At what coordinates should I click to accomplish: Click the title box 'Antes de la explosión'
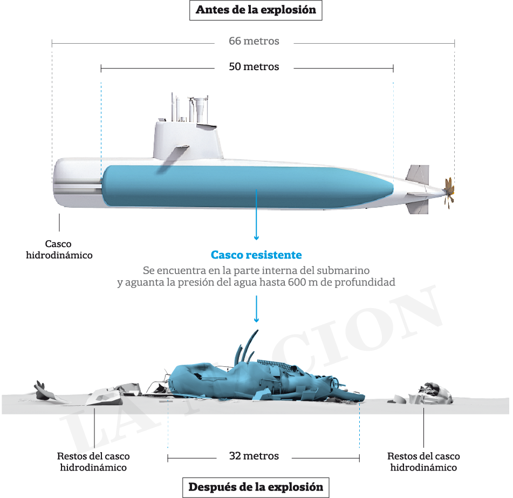coord(256,10)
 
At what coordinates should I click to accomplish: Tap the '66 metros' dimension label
coord(254,41)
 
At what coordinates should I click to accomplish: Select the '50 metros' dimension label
coord(254,67)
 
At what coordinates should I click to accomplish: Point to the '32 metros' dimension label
coord(254,456)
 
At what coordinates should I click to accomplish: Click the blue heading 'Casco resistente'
coord(256,255)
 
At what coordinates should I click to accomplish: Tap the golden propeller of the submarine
coord(448,191)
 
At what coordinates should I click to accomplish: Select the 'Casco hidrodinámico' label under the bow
coord(59,250)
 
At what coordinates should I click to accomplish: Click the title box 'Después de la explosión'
coord(256,487)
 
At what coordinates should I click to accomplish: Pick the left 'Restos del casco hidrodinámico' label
coord(93,462)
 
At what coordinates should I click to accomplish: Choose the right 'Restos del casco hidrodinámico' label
coord(423,462)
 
